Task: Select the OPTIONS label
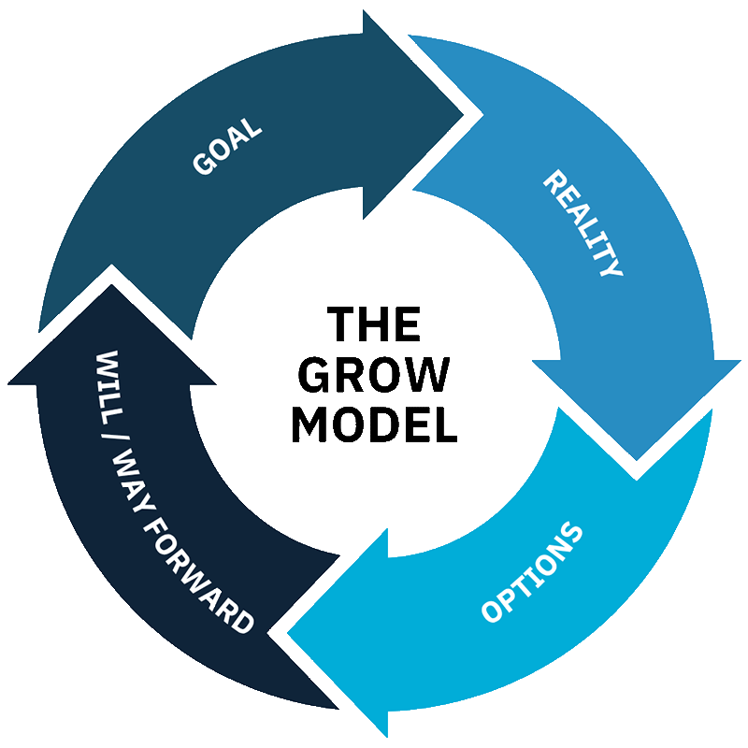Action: pos(532,573)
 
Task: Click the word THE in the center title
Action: pos(374,327)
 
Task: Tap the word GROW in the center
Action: pos(374,376)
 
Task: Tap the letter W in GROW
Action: pos(428,376)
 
